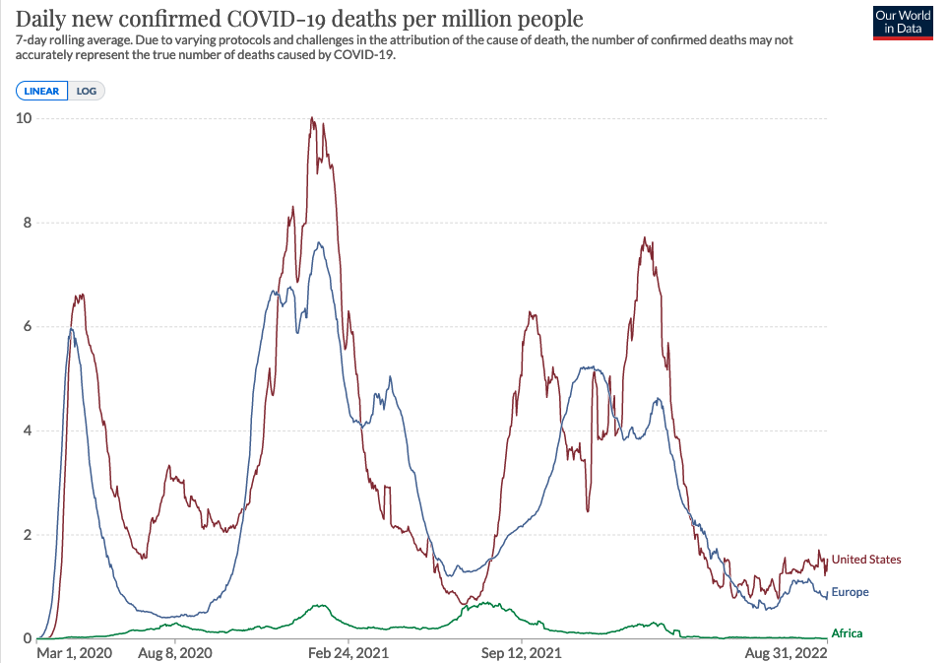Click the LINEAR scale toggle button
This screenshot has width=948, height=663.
coord(41,92)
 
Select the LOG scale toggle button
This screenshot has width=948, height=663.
coord(87,92)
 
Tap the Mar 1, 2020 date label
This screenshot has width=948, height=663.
coord(75,652)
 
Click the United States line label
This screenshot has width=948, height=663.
coord(866,560)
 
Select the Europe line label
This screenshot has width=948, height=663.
coord(851,592)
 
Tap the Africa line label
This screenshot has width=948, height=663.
coord(847,633)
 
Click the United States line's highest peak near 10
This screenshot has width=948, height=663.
coord(312,118)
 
